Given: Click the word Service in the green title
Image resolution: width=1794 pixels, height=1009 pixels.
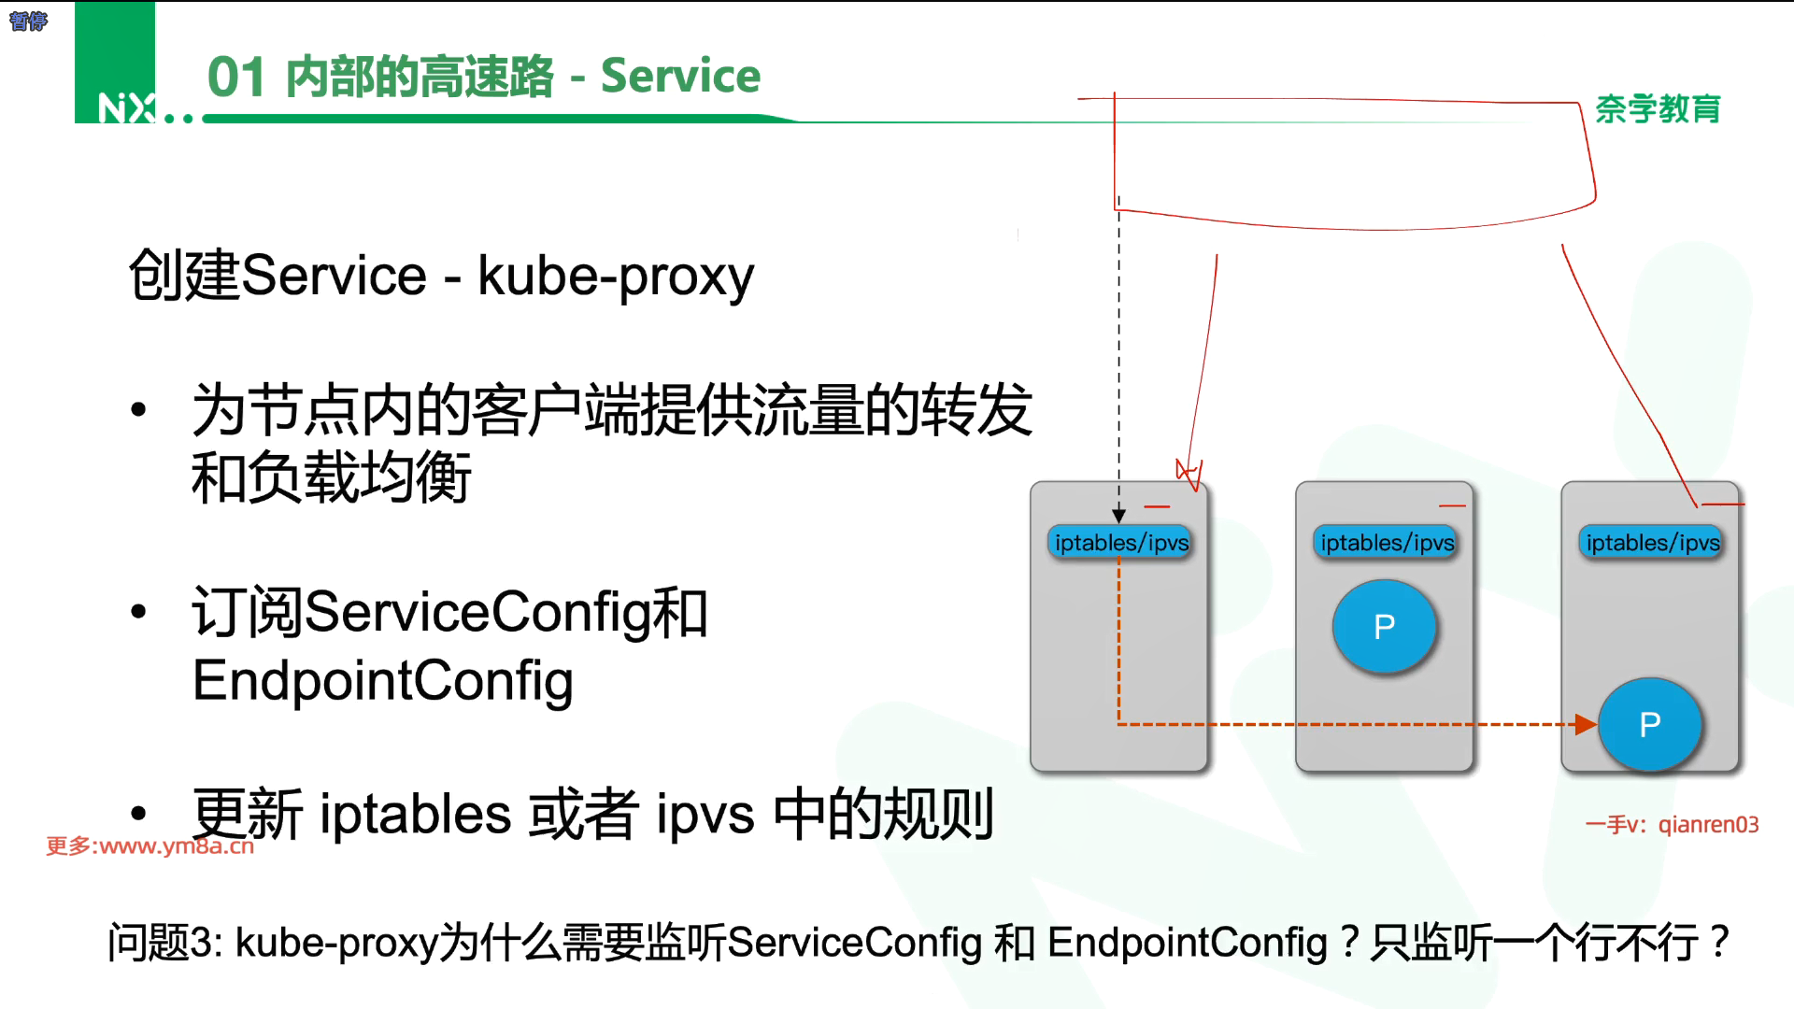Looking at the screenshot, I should (x=680, y=76).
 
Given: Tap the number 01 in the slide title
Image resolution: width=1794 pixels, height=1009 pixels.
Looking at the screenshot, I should (x=236, y=77).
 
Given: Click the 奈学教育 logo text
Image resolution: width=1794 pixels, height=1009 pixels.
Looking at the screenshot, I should (x=1658, y=109).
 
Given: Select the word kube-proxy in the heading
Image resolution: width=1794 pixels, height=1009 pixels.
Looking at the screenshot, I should (x=616, y=277).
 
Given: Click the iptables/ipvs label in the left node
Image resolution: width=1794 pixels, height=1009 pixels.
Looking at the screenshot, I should (x=1121, y=543).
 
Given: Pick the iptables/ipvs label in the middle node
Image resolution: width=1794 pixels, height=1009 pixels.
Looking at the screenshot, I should (x=1387, y=543).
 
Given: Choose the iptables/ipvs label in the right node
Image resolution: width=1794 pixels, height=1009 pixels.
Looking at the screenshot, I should (x=1652, y=543).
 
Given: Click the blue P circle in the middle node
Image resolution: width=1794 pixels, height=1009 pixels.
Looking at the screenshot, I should (x=1385, y=626).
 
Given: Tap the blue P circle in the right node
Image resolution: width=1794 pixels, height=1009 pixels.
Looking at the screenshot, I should (x=1650, y=724).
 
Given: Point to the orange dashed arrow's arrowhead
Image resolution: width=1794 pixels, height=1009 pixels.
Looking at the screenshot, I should (x=1586, y=724).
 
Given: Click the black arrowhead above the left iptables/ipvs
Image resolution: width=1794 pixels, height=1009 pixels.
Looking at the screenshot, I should (x=1118, y=516).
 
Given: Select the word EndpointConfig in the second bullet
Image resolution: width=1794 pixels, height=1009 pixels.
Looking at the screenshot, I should (x=382, y=680).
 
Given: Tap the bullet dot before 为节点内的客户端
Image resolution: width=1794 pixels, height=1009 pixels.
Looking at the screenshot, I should (x=139, y=409).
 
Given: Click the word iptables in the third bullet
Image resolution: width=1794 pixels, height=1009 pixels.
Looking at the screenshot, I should (x=415, y=814).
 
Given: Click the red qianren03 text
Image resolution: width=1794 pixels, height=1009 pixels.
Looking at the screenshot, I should (x=1708, y=825).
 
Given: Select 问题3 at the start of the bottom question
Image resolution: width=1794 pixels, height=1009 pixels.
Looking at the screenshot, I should (x=164, y=942).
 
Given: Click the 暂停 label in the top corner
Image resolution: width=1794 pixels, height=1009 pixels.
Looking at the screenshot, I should (x=28, y=21).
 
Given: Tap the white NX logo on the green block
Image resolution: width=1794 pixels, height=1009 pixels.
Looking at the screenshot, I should (x=126, y=108).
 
